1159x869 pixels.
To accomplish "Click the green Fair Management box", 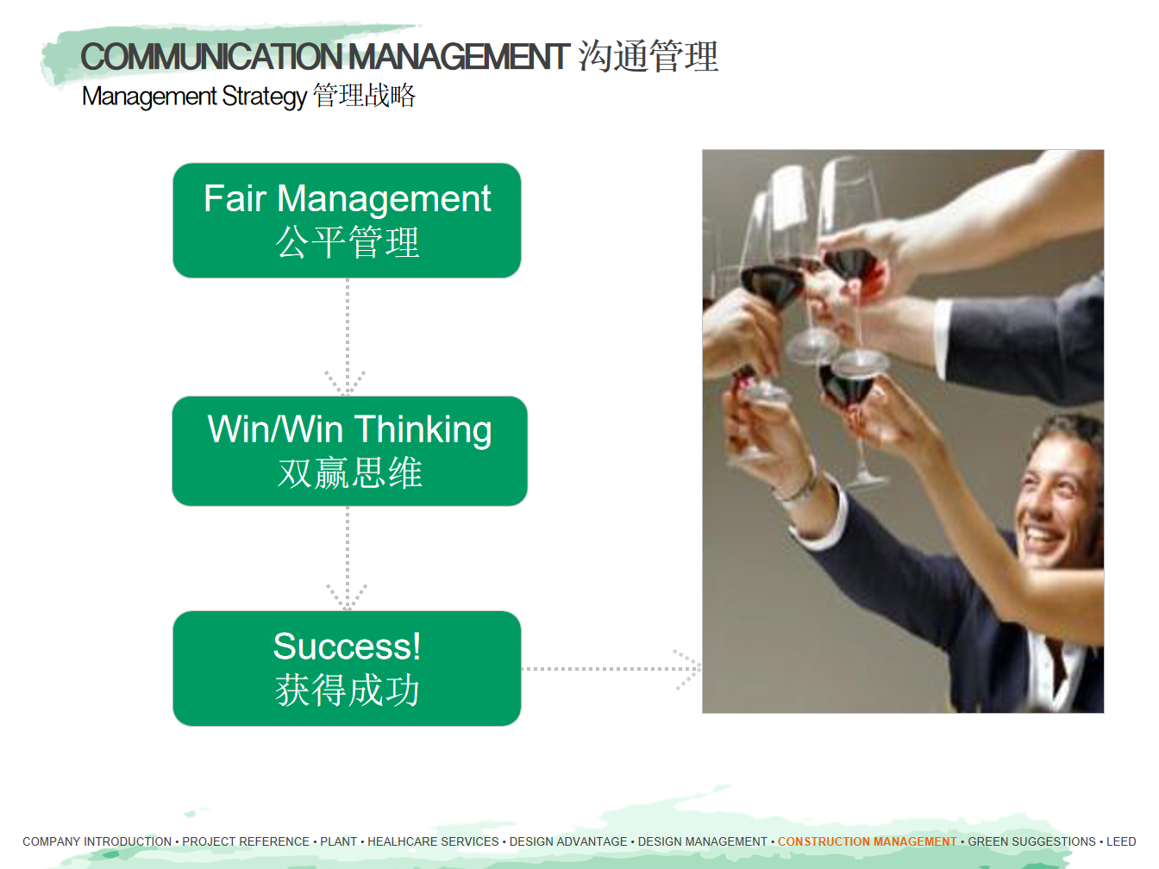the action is tap(347, 221).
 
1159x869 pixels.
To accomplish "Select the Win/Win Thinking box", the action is tap(349, 451).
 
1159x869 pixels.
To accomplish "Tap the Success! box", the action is tap(347, 668).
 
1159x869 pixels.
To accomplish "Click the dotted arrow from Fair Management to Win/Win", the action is tap(347, 336).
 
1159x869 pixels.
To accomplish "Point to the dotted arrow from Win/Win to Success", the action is tap(347, 559).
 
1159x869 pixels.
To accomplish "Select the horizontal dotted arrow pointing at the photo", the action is tap(611, 669).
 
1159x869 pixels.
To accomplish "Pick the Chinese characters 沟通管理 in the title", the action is tap(648, 56).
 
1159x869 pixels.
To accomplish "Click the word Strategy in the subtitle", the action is tap(264, 97).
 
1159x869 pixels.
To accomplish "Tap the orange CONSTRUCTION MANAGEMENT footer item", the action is tap(867, 841).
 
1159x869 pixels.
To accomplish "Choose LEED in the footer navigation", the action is tap(1121, 841).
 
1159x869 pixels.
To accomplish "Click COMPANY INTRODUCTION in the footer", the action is tap(97, 841).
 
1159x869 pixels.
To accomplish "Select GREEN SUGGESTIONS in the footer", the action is tap(1031, 841).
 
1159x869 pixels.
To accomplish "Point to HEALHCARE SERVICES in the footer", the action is tap(433, 841).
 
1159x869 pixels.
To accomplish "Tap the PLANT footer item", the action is tap(338, 841).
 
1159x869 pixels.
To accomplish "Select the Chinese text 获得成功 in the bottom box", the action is tap(347, 691).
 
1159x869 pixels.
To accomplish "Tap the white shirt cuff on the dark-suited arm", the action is tap(942, 333).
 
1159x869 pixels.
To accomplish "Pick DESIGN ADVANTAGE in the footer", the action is tap(568, 841).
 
